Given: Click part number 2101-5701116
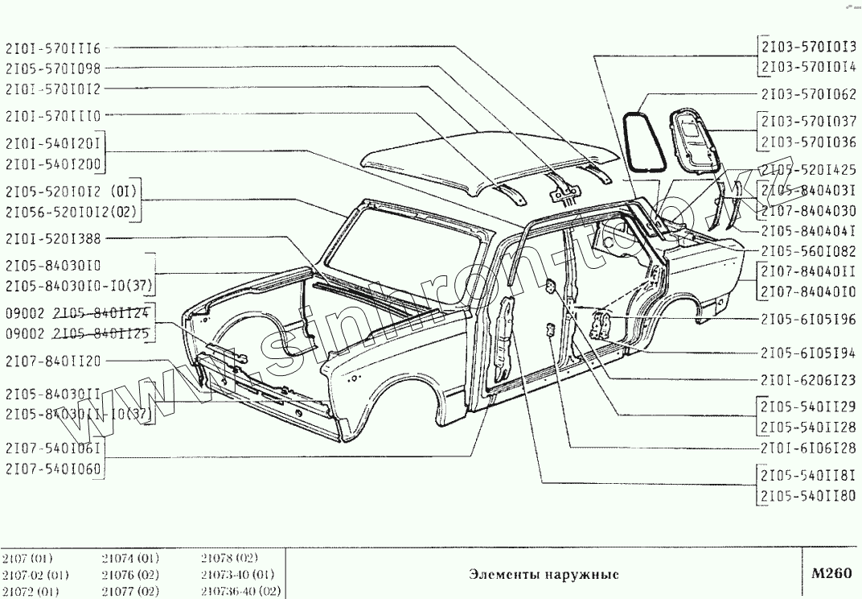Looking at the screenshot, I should [x=53, y=48].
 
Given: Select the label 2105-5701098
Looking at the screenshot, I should [x=53, y=68].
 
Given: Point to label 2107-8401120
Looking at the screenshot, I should [x=53, y=361].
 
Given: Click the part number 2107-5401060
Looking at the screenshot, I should [x=53, y=469].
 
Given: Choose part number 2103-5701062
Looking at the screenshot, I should [x=809, y=93].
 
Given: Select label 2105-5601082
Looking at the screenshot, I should [x=809, y=250].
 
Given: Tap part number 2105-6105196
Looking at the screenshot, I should [x=809, y=319].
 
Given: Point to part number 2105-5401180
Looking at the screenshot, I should [x=809, y=495].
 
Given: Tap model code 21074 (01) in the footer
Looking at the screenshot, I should [x=130, y=558].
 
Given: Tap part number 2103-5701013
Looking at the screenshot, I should [x=809, y=47].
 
